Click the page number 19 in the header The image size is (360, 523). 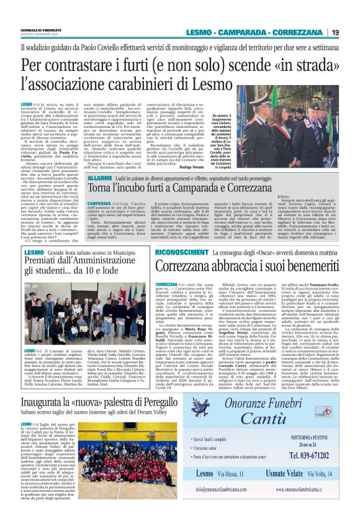point(335,32)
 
